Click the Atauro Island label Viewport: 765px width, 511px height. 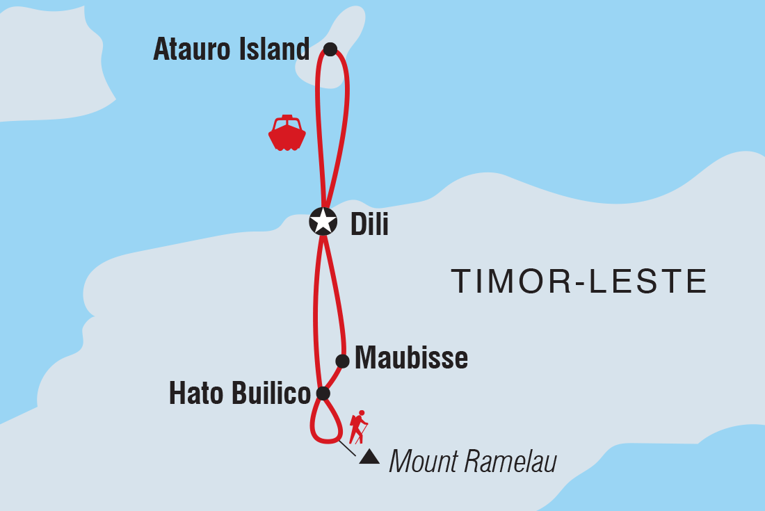(231, 50)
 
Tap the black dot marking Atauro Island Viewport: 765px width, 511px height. (330, 49)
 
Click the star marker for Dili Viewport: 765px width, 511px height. (323, 222)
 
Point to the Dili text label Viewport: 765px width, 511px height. (369, 224)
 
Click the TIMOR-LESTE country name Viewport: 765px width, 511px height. (579, 282)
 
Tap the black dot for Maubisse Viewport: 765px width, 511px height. (342, 361)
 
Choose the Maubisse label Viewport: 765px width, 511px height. (411, 359)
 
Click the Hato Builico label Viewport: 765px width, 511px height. (239, 394)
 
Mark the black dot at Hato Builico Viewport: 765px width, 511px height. (323, 394)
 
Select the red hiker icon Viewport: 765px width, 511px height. (358, 427)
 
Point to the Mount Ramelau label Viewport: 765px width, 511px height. (473, 461)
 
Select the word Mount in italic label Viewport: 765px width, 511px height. (423, 461)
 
